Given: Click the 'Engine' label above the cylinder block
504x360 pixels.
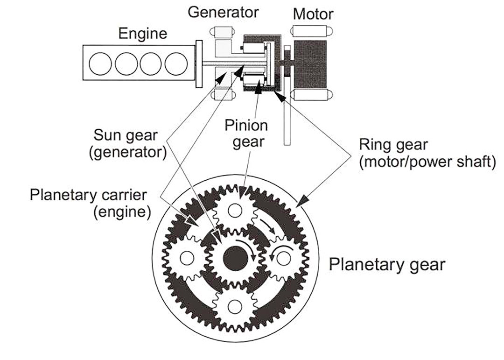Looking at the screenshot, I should tap(142, 34).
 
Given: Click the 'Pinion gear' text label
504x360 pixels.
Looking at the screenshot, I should tap(246, 133).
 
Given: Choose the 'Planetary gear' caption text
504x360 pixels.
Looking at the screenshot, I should tap(387, 265).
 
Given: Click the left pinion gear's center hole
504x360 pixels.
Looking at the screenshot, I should tap(188, 257).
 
